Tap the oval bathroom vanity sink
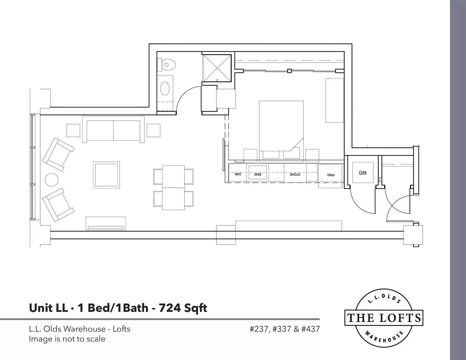(165, 88)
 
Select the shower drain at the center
(217, 68)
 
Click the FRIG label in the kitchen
(331, 175)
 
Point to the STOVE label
(295, 175)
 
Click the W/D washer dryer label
(363, 173)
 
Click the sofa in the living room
(113, 130)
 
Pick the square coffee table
(106, 175)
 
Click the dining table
(173, 188)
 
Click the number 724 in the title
(169, 308)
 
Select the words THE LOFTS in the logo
(384, 318)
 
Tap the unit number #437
(311, 329)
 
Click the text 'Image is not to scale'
(67, 339)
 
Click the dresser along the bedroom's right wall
(335, 100)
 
